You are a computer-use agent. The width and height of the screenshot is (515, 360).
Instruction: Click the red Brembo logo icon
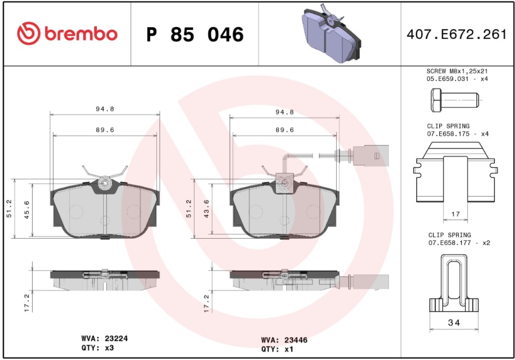click(x=28, y=34)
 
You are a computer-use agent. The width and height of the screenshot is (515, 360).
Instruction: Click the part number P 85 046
click(x=195, y=35)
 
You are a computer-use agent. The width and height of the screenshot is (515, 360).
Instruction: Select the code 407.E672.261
click(x=457, y=35)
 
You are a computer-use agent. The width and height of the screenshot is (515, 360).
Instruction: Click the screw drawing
click(x=455, y=100)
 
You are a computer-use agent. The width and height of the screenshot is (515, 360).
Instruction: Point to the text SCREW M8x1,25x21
click(x=457, y=71)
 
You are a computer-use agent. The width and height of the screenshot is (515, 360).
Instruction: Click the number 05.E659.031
click(x=448, y=79)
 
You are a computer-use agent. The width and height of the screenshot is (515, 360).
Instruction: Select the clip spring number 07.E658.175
click(x=448, y=134)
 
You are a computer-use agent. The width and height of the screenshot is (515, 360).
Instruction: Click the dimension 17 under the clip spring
click(x=456, y=214)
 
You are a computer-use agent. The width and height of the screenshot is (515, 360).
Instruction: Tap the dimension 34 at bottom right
click(x=454, y=323)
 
